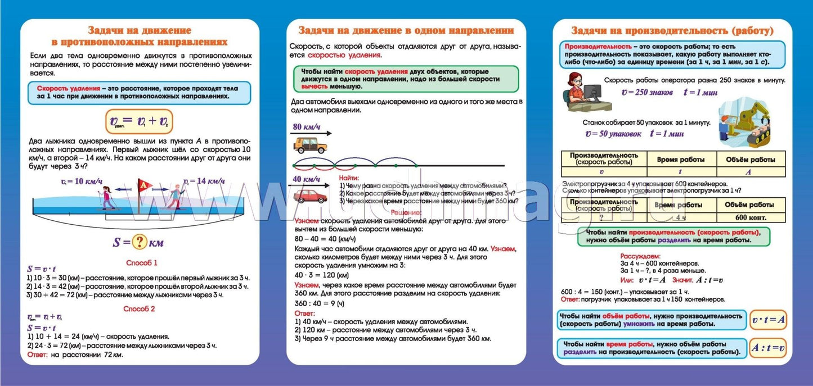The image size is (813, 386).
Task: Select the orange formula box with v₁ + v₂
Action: point(139,121)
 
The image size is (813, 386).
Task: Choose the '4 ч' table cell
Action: point(681,217)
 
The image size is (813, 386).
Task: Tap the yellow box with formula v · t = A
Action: point(769,320)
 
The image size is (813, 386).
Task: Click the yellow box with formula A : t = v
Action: point(769,349)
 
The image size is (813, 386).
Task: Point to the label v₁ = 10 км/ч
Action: point(82,181)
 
